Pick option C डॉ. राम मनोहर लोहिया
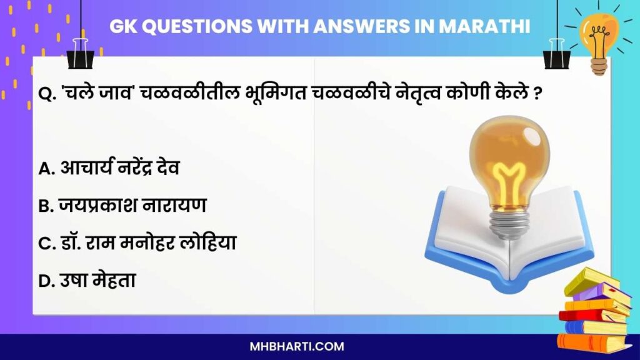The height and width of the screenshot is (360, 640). [137, 243]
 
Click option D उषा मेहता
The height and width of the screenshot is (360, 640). [87, 281]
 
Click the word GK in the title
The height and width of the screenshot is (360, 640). [122, 27]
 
